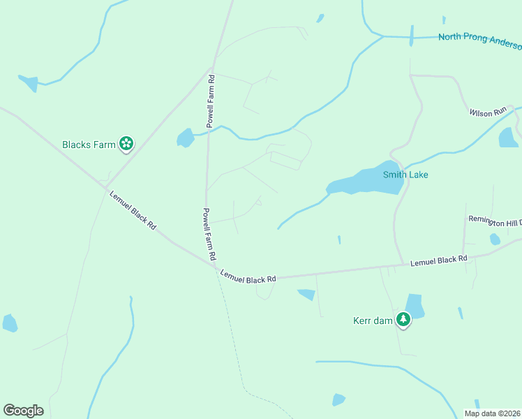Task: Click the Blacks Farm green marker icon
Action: tap(126, 145)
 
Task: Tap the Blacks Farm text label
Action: tap(88, 145)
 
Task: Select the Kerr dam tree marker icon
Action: tap(403, 320)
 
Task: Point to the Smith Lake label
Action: tap(405, 175)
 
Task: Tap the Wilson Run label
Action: tap(487, 112)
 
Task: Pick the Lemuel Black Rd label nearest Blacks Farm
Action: tap(133, 211)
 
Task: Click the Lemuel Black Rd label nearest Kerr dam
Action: tap(438, 260)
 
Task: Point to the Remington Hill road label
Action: tap(495, 221)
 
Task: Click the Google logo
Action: tap(23, 411)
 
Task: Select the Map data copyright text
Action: tap(493, 413)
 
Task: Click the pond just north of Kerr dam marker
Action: tap(415, 305)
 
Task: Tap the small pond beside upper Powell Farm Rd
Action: tap(186, 138)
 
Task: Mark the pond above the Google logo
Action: tap(10, 323)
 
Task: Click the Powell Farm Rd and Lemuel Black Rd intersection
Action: tap(213, 263)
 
